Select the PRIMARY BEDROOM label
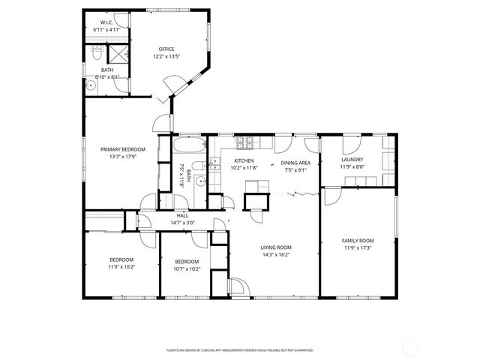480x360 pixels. click(x=123, y=149)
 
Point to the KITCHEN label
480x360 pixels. click(x=244, y=160)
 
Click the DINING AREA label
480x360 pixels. click(x=295, y=163)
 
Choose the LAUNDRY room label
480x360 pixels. click(x=352, y=159)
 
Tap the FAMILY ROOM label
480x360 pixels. click(x=358, y=240)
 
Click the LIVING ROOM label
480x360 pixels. click(x=276, y=247)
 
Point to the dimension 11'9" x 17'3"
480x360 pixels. click(x=358, y=247)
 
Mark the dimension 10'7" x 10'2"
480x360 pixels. click(x=187, y=268)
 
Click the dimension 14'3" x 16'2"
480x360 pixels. click(x=276, y=255)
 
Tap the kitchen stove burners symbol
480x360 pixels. click(x=244, y=142)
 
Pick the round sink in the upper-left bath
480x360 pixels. click(x=91, y=85)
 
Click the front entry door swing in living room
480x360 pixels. click(x=239, y=287)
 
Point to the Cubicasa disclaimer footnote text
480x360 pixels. click(x=239, y=349)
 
